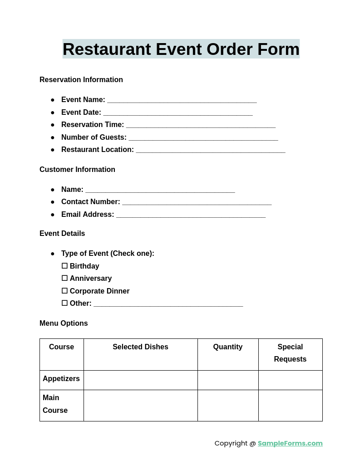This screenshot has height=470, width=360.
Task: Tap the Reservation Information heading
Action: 81,80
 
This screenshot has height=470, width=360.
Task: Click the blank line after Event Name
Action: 182,101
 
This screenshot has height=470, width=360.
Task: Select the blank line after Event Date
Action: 178,113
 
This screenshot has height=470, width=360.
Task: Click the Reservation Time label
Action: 92,125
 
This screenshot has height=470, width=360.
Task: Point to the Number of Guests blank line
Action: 203,138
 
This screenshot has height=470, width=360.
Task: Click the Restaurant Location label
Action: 97,150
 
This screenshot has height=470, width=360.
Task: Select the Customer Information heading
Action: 77,170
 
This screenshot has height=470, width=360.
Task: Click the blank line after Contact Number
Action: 197,203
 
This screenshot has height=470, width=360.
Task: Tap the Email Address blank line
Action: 191,215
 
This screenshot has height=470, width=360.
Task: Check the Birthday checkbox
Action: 64,266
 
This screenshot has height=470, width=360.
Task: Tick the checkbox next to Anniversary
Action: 64,278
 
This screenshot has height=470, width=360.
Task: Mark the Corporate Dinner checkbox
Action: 64,291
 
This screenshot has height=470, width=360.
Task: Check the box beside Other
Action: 64,303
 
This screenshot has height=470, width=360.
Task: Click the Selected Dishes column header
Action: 140,347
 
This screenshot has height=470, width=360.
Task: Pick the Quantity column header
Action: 227,347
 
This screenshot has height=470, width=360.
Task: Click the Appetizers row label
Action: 61,379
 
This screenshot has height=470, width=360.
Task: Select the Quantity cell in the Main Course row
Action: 227,405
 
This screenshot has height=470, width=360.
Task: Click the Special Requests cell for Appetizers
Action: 290,380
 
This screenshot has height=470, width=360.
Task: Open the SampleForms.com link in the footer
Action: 290,443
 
